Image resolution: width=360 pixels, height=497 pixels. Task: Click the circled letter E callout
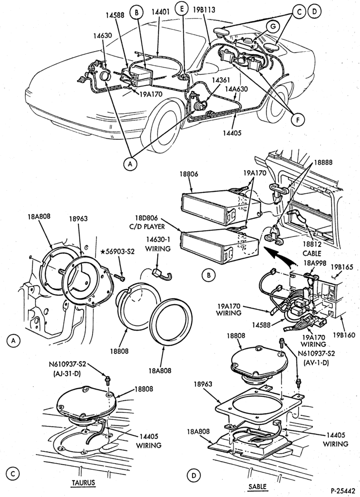pyautogui.click(x=182, y=9)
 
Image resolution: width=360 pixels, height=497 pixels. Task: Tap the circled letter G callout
pyautogui.click(x=273, y=27)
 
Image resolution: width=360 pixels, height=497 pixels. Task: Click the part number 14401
pyautogui.click(x=161, y=12)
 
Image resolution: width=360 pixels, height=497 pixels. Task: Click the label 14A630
pyautogui.click(x=236, y=89)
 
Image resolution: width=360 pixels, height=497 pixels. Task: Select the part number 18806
pyautogui.click(x=189, y=174)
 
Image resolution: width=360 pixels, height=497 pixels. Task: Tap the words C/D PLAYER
pyautogui.click(x=150, y=227)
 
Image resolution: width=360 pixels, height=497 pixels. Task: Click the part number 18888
pyautogui.click(x=323, y=163)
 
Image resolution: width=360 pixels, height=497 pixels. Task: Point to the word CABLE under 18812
pyautogui.click(x=312, y=253)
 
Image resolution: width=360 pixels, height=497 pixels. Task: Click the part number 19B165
pyautogui.click(x=342, y=267)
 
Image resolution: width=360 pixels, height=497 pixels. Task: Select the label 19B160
pyautogui.click(x=344, y=335)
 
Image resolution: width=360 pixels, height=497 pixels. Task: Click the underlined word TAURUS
pyautogui.click(x=83, y=483)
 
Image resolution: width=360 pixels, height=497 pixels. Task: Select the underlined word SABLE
pyautogui.click(x=258, y=487)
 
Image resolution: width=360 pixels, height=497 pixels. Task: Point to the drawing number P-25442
pyautogui.click(x=343, y=491)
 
